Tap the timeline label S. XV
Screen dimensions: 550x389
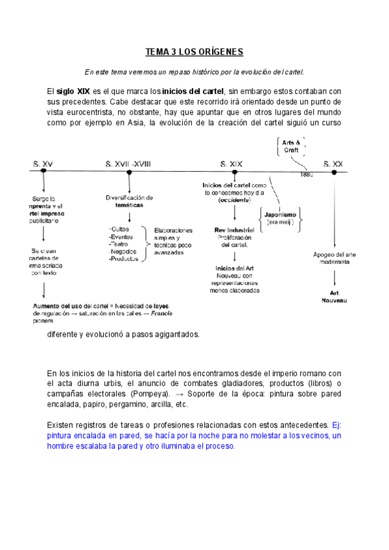pos(43,165)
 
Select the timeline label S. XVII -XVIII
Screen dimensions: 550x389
pos(128,165)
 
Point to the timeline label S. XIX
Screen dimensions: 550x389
pos(231,165)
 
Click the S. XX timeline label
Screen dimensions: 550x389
pos(333,165)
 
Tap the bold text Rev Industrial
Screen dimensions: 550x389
pos(233,230)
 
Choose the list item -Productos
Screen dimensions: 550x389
pos(124,259)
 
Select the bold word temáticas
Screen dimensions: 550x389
pos(129,205)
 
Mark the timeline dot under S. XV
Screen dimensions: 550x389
pos(43,172)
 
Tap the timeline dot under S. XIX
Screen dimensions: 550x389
pos(231,172)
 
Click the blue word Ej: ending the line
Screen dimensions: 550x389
pos(336,425)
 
